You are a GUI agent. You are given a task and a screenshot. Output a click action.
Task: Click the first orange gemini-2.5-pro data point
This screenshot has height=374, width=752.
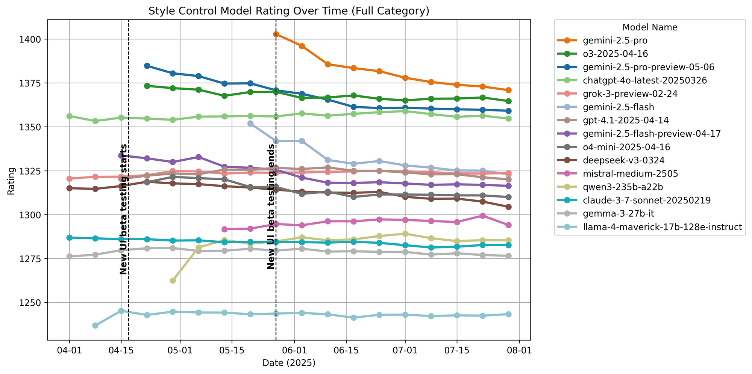pos(276,34)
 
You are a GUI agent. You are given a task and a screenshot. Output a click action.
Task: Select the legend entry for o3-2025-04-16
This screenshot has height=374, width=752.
pos(615,54)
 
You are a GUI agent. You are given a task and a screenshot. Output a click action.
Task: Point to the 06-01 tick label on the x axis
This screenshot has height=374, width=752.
pos(294,351)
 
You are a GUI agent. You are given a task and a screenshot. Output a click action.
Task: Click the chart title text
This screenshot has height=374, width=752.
pos(289,11)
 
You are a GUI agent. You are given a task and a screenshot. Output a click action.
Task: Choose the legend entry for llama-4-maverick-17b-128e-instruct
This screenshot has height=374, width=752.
pos(662,227)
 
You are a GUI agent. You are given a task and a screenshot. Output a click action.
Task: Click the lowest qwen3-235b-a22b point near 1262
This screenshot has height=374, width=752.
pos(173,280)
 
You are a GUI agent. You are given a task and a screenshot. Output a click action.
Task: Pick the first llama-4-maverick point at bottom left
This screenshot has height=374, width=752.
pos(96,326)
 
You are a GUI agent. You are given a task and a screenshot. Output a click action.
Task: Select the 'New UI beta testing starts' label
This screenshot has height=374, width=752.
pos(124,209)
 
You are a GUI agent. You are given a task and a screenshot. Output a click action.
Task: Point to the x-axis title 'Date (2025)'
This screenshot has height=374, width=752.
pos(289,363)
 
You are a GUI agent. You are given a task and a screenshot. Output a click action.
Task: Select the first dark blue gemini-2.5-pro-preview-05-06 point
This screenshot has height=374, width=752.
pos(147,66)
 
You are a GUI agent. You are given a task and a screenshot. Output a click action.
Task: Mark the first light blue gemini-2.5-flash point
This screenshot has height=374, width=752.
pos(250,124)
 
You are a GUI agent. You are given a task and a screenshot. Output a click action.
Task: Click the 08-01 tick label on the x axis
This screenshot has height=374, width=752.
pos(519,351)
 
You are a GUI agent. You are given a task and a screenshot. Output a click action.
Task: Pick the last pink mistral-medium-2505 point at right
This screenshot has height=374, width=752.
pos(508,225)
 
